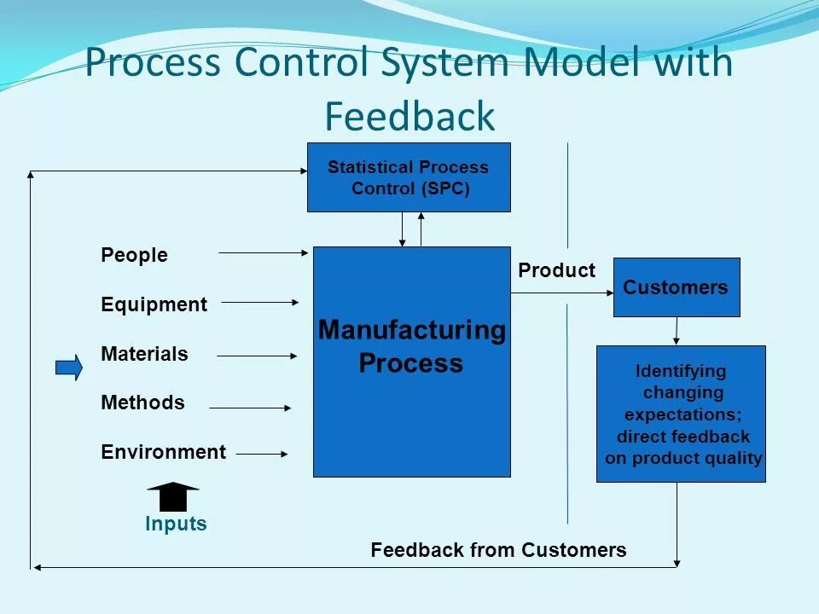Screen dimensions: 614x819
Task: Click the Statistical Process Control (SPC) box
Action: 409,177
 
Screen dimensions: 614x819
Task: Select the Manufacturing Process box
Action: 411,362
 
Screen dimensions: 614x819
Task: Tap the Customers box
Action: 677,287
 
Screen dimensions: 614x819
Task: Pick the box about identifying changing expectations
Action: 681,414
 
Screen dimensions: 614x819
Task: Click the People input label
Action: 134,255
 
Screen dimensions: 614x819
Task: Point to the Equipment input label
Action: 154,304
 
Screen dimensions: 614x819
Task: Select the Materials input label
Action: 144,354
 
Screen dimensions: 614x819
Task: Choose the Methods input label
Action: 142,403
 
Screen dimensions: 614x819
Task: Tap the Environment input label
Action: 164,452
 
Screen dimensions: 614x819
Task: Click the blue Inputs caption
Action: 176,524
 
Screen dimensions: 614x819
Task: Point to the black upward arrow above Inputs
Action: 173,495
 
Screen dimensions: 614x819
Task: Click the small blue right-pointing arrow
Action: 69,368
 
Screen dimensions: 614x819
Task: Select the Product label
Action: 556,270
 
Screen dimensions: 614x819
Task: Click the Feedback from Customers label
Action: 498,550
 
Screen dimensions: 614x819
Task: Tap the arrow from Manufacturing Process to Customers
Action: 562,293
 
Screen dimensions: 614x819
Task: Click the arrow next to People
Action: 264,252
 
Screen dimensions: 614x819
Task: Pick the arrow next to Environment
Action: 262,455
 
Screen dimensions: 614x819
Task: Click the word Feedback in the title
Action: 409,116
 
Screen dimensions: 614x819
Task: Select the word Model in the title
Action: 571,63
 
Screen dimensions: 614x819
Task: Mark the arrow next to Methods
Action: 250,408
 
